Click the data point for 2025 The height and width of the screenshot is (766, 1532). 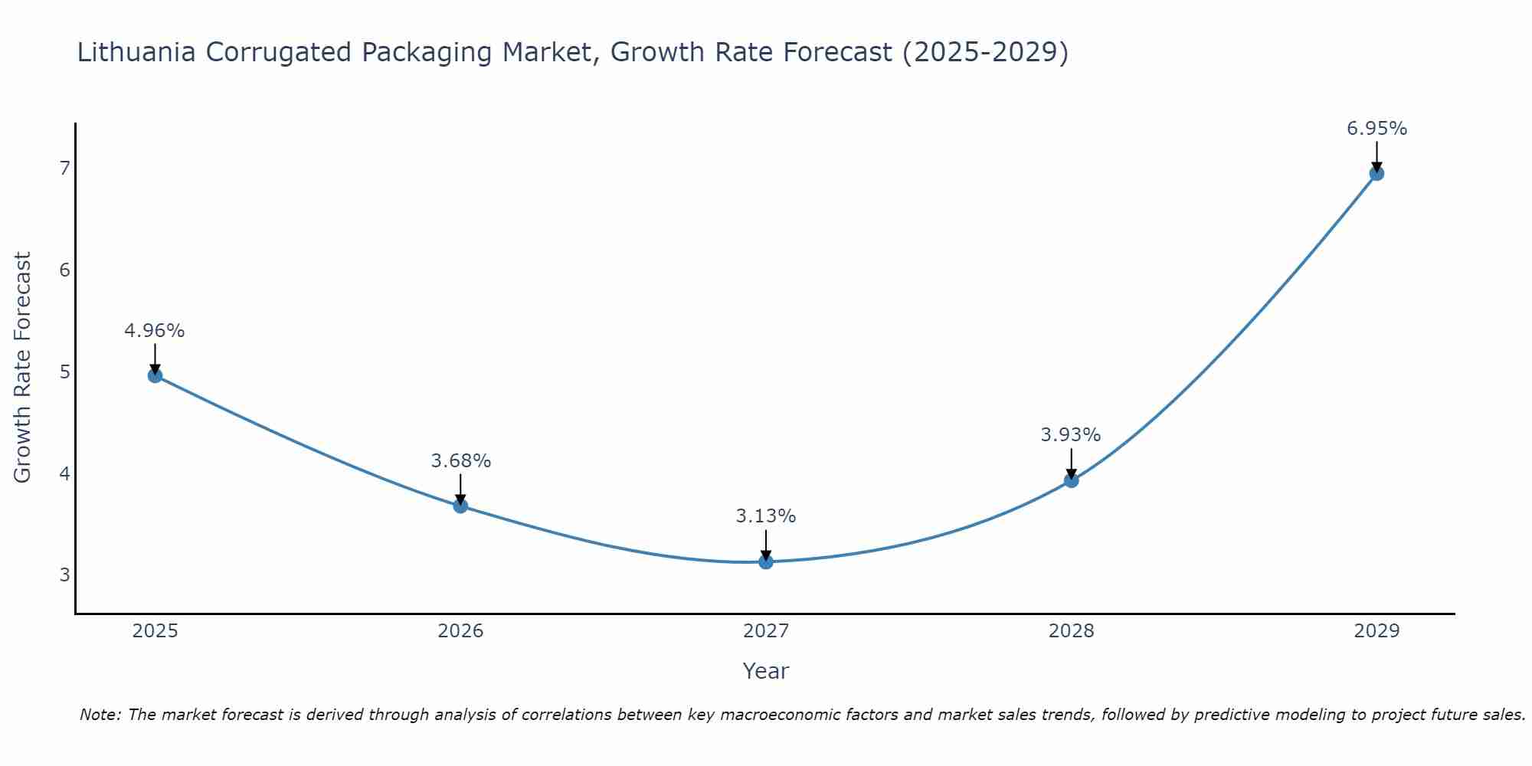click(x=155, y=375)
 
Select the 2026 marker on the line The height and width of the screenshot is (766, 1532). click(x=460, y=506)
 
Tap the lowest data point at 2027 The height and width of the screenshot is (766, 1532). click(x=766, y=561)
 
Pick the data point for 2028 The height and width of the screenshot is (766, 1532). click(x=1071, y=480)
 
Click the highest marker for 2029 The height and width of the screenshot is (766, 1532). click(x=1377, y=173)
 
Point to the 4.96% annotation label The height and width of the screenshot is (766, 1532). click(x=155, y=331)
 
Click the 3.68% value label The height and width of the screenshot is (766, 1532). click(x=460, y=461)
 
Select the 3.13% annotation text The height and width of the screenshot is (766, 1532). click(x=766, y=516)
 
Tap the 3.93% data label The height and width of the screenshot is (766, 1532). click(x=1071, y=435)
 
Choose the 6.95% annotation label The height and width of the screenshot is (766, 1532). click(x=1377, y=129)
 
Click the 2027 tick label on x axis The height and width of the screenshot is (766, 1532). click(x=766, y=631)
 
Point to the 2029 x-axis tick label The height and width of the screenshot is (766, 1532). click(x=1377, y=631)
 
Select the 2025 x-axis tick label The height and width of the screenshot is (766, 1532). click(x=155, y=631)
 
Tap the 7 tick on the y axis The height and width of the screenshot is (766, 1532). click(x=64, y=168)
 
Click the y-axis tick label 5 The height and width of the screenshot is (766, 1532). click(x=64, y=372)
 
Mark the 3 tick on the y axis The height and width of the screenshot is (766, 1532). click(x=64, y=574)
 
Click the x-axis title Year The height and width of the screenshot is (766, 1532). click(x=766, y=671)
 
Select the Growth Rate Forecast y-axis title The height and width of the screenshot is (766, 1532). click(x=23, y=368)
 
